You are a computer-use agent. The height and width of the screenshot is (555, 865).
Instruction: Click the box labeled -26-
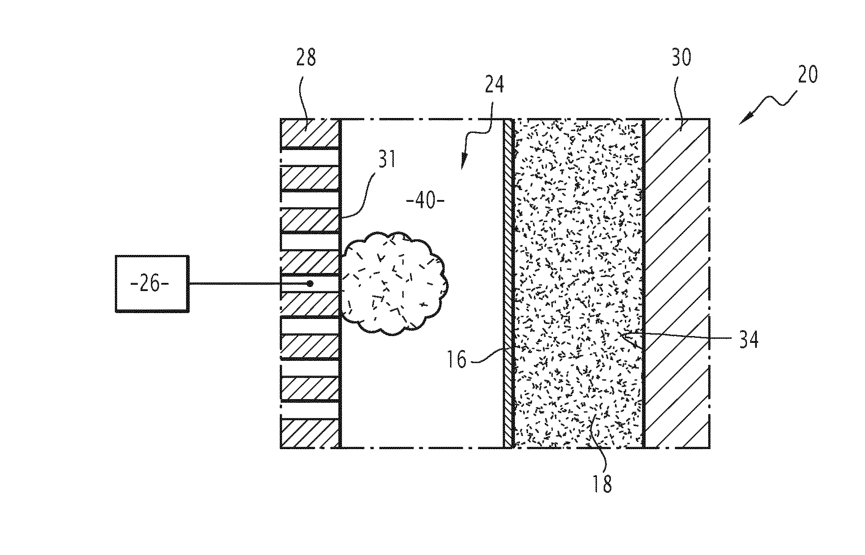tap(152, 284)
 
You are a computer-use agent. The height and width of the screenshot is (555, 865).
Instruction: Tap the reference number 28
tap(306, 59)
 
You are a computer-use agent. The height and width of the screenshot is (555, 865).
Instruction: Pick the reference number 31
tap(386, 159)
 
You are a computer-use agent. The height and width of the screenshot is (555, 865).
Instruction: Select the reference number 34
tap(747, 339)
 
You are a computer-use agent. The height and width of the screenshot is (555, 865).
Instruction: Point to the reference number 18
tap(602, 484)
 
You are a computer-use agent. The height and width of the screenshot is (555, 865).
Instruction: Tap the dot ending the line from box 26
tap(310, 284)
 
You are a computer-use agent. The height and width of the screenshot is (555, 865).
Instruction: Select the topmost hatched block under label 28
tap(310, 133)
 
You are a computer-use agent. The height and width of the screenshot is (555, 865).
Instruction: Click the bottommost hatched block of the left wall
tap(310, 433)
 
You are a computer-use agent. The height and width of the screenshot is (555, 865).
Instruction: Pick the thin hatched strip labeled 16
tap(509, 283)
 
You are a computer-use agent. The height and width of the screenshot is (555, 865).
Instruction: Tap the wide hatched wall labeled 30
tap(677, 283)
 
